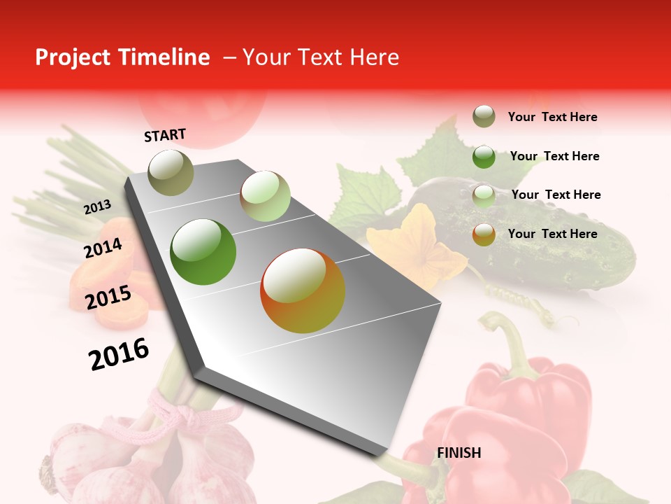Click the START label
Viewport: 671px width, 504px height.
point(165,135)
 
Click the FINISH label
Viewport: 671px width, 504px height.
point(459,453)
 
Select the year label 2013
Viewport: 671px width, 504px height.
point(97,207)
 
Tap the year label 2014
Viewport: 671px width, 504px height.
point(103,248)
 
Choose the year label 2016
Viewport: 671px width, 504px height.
point(119,354)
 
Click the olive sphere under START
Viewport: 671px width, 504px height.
point(171,172)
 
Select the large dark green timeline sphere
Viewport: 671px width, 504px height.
point(203,252)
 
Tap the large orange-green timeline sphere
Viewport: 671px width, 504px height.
point(303,290)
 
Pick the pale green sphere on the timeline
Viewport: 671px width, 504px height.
point(265,196)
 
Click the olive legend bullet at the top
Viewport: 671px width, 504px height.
point(484,117)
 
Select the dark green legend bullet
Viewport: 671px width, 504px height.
point(484,157)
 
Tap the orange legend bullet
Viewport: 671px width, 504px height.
point(484,234)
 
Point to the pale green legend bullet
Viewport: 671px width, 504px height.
point(484,196)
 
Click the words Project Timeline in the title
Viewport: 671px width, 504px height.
point(122,57)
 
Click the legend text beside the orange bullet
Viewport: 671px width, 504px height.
point(552,234)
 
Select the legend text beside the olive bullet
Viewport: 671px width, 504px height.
point(552,117)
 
